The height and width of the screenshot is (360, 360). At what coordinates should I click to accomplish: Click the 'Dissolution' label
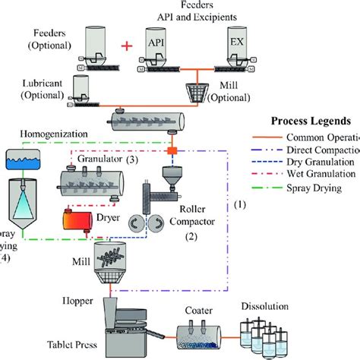pyautogui.click(x=265, y=306)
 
